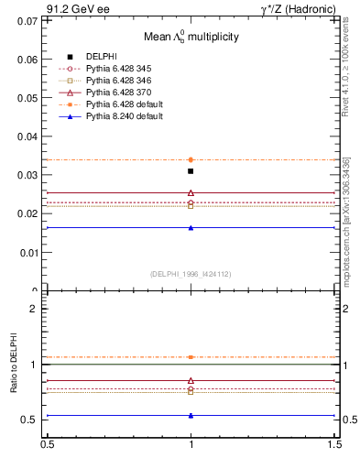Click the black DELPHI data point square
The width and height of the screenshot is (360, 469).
coord(191,171)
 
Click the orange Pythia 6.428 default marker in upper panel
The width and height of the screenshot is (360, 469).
coord(191,159)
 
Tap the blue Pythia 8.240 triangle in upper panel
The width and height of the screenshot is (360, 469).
coord(191,227)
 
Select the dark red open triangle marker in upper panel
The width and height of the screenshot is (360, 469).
coord(191,192)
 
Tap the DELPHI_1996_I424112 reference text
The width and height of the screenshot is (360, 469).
coord(191,273)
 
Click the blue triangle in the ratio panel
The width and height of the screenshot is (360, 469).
coord(191,415)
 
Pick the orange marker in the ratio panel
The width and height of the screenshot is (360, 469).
coord(191,356)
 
